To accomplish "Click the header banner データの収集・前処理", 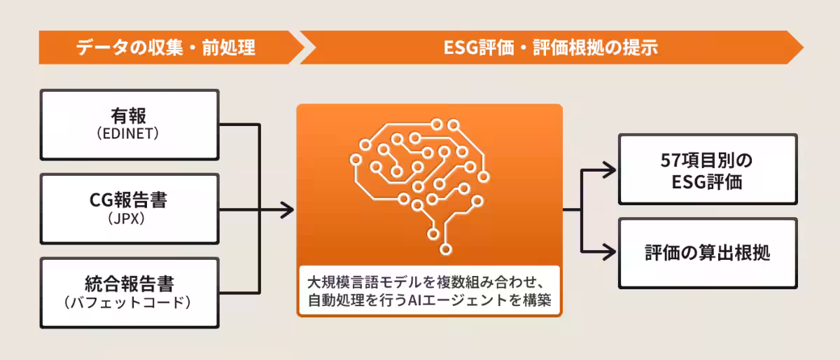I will click(166, 48).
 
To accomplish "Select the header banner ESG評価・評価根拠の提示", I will click(551, 48).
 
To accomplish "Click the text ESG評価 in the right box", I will click(707, 183).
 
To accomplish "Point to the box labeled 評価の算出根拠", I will click(707, 253).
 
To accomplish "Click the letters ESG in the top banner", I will click(459, 48).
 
